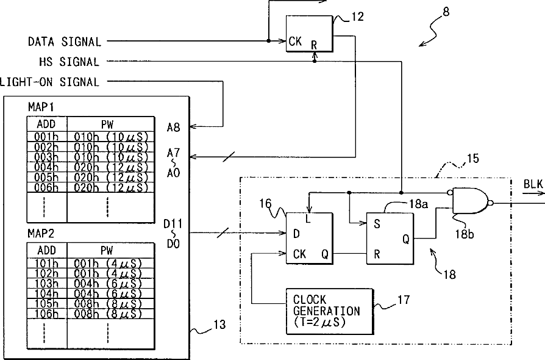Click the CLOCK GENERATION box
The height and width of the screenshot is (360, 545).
tap(330, 311)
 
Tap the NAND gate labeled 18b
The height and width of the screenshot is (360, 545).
tap(472, 201)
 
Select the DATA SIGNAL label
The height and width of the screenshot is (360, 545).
tap(65, 41)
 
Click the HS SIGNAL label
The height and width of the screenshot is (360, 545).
tap(69, 62)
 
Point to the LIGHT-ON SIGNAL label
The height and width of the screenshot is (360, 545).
tap(50, 82)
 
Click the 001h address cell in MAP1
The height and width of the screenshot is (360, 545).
tap(46, 136)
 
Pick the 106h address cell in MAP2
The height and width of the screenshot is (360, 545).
tap(46, 314)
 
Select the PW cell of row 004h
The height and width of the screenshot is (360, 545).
tap(110, 167)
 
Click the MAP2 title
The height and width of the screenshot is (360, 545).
tap(41, 234)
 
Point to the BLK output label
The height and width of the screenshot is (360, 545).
tap(533, 184)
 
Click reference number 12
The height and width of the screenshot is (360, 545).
tap(357, 16)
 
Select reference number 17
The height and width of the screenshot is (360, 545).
tap(404, 300)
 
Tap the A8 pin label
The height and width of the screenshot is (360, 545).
tap(174, 128)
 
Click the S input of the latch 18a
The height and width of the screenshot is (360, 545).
tap(377, 224)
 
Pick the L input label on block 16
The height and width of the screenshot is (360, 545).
tap(308, 218)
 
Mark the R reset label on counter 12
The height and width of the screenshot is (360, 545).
tap(314, 45)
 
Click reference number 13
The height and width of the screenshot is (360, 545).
tap(219, 325)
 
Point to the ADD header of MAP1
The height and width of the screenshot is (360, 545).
tap(46, 124)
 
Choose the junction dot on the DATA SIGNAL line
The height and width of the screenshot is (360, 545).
tap(269, 41)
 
